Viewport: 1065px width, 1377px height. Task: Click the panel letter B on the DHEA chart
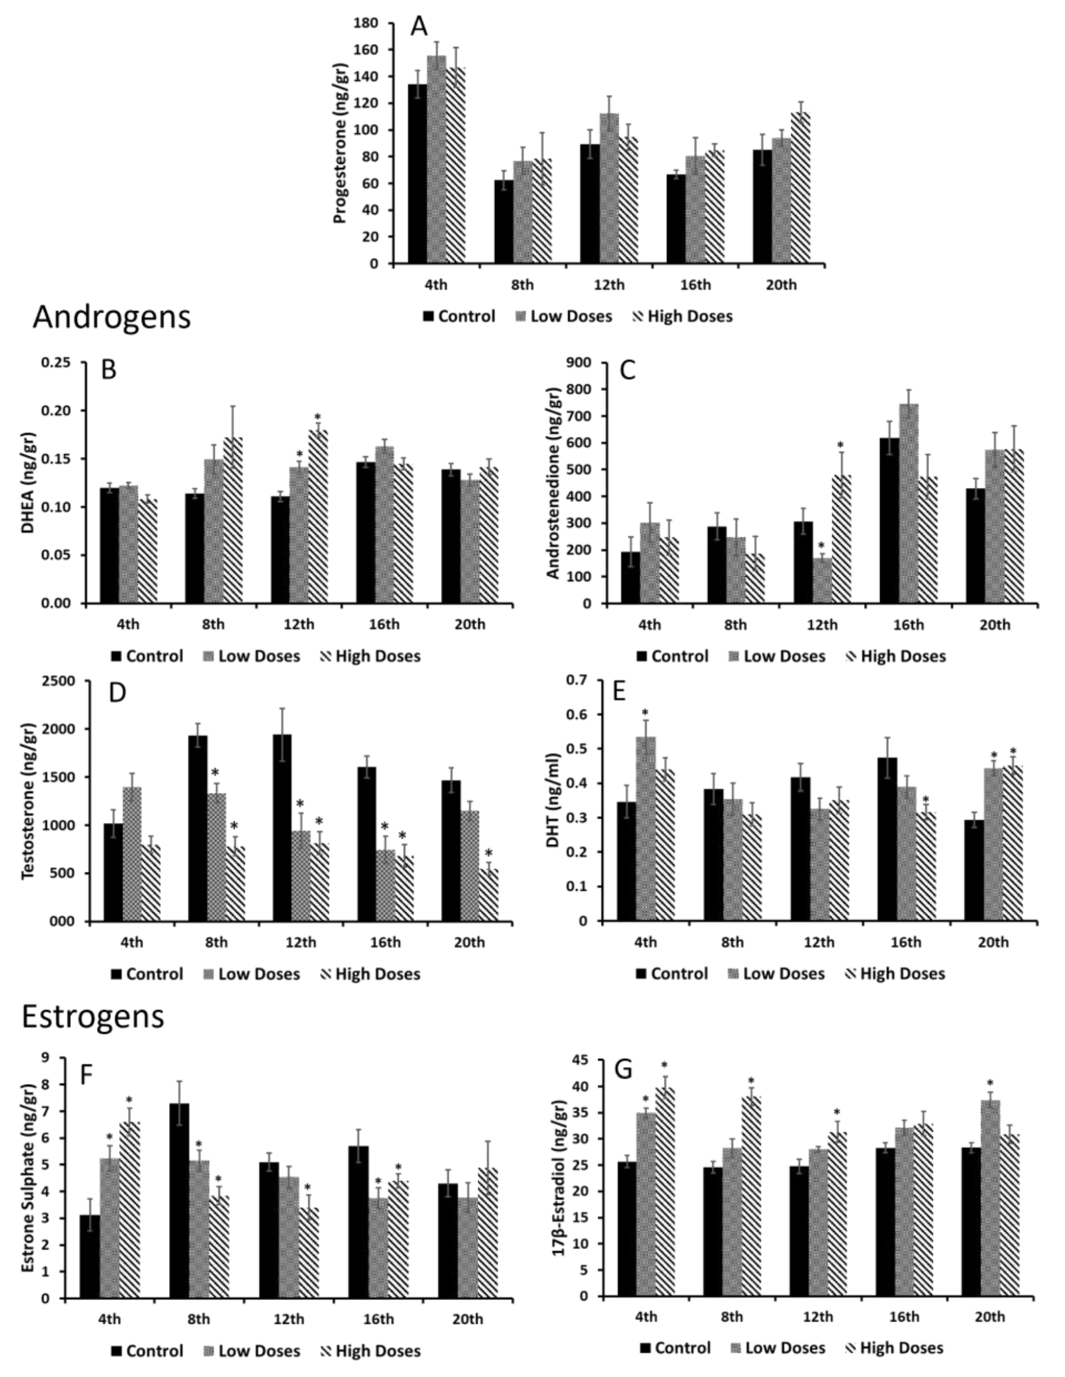pos(108,370)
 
